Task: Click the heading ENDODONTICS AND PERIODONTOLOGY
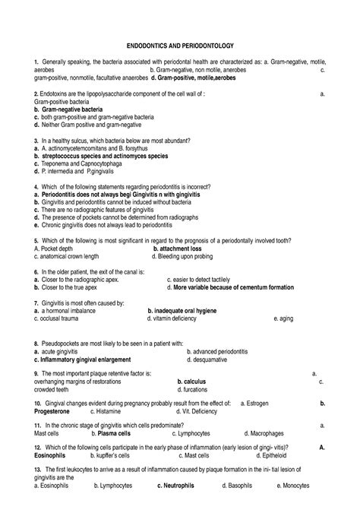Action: (x=180, y=47)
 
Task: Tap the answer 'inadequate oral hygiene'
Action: (x=182, y=311)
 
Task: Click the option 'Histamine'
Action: (x=98, y=410)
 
